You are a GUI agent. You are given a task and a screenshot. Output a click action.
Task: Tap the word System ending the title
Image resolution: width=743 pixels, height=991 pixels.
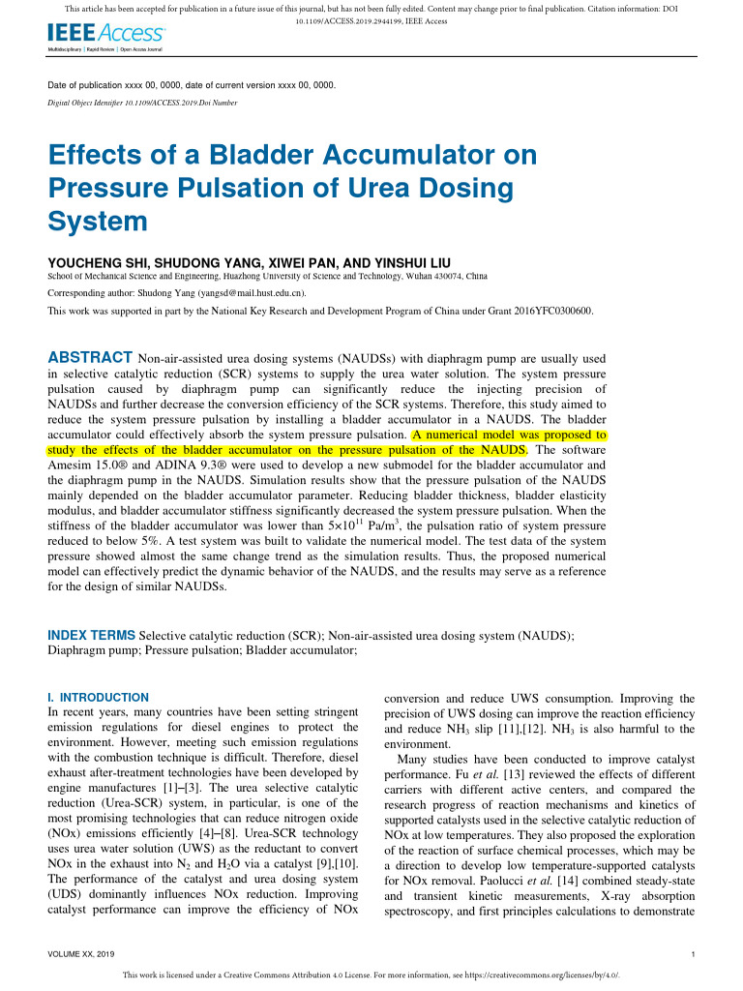coord(98,221)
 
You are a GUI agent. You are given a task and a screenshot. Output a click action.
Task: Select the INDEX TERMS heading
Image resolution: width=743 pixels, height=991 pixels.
coord(92,635)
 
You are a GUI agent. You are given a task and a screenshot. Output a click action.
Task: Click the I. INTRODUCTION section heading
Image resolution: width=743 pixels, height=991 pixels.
coord(99,697)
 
